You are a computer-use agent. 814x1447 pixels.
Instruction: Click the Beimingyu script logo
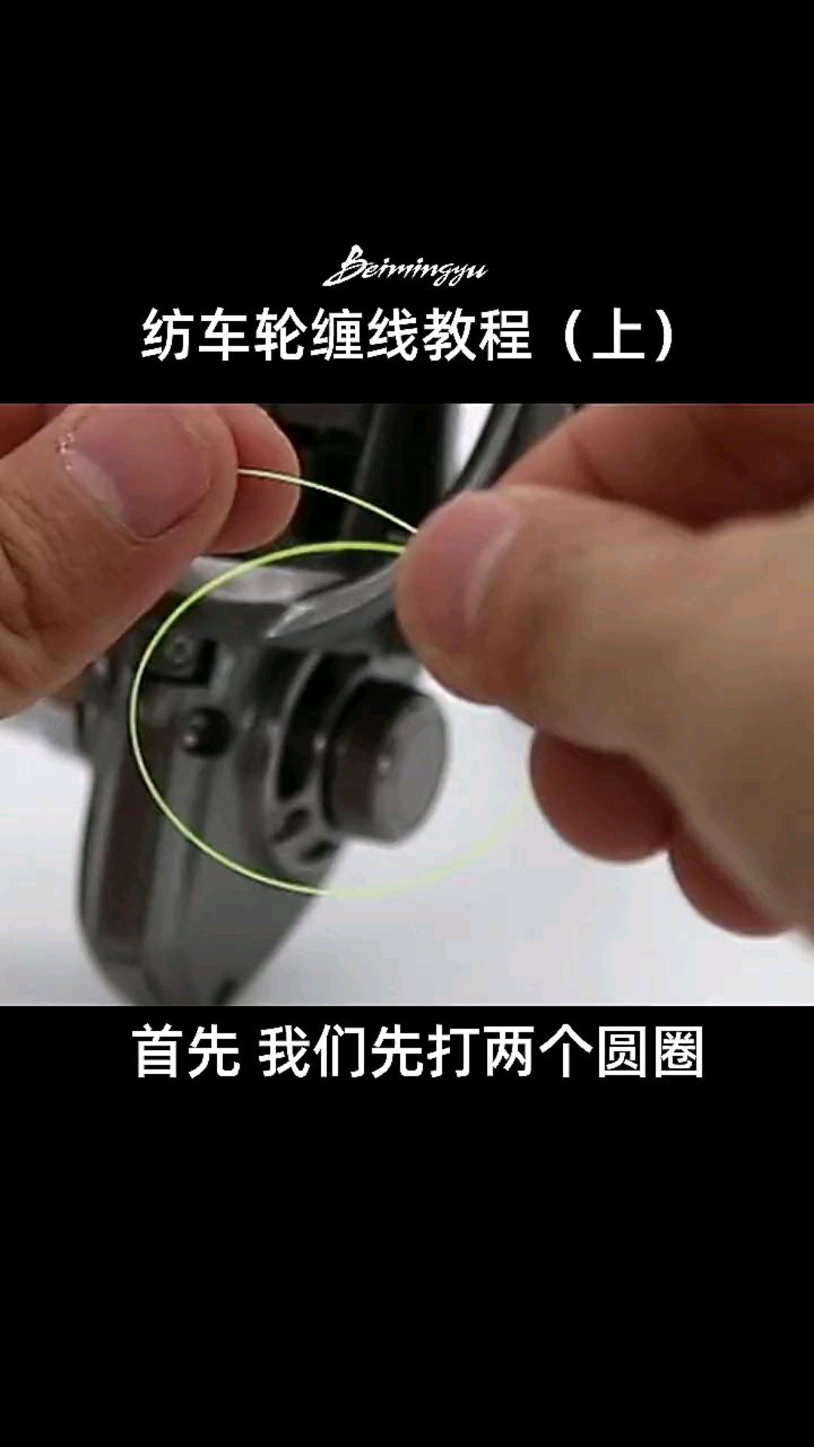[x=405, y=268]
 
